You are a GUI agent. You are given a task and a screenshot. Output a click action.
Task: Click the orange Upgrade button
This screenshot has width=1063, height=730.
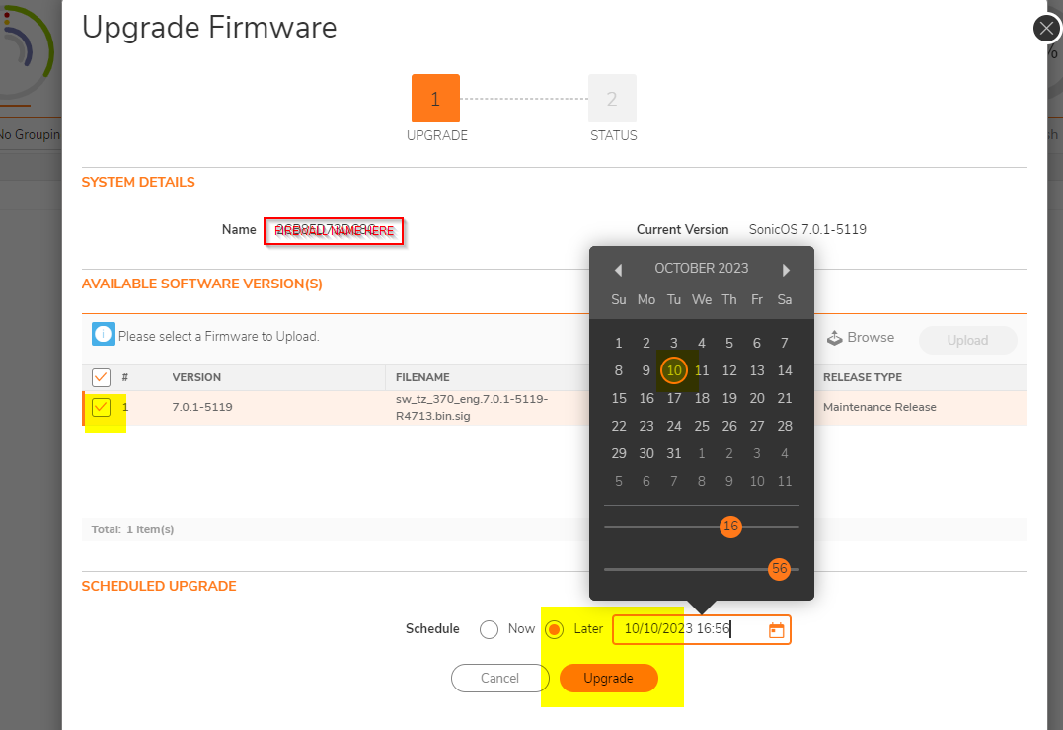click(608, 678)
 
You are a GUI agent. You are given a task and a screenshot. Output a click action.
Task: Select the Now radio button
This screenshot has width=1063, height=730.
click(489, 629)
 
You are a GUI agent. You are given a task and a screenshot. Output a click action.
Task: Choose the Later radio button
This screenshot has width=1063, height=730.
click(555, 629)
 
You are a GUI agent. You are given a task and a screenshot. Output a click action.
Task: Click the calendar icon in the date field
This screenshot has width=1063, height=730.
click(776, 630)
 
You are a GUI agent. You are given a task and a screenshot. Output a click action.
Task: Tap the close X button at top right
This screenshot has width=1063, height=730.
click(1046, 28)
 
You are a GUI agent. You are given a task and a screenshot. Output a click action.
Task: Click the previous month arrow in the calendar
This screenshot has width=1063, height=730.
click(618, 270)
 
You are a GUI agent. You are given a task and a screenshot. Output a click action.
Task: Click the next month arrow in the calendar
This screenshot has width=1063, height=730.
click(786, 270)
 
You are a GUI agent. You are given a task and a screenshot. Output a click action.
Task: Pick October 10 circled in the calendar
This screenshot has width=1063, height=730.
click(674, 370)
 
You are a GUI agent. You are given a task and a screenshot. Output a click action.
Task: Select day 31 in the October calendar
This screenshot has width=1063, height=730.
click(674, 453)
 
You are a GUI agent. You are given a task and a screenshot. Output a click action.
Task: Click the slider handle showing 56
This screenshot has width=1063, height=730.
click(780, 569)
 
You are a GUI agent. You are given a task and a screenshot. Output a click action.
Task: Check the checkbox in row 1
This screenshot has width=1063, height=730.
click(101, 407)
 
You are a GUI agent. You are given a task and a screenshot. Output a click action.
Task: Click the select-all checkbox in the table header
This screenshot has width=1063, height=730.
click(101, 377)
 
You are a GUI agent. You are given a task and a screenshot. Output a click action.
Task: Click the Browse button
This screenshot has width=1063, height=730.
click(861, 338)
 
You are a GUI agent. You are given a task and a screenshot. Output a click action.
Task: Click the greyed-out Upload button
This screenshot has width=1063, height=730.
click(967, 340)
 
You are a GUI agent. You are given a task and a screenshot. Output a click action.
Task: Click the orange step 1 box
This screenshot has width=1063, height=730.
click(435, 99)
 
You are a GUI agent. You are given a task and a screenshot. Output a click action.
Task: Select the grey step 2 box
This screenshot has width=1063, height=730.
click(612, 99)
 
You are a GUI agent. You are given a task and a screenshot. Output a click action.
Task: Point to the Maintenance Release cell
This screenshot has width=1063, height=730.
click(879, 407)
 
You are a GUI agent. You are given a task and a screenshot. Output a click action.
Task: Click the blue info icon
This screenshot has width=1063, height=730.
click(104, 335)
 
